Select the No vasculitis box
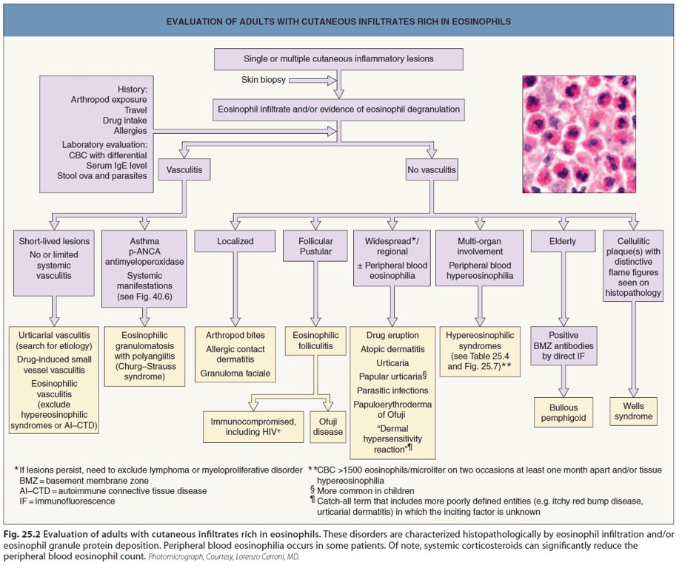[x=432, y=171]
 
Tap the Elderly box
[x=563, y=241]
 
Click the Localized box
[x=235, y=241]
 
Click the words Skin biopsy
[x=263, y=79]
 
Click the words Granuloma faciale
[x=235, y=374]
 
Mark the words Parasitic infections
[x=392, y=390]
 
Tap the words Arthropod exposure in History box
[x=109, y=99]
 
